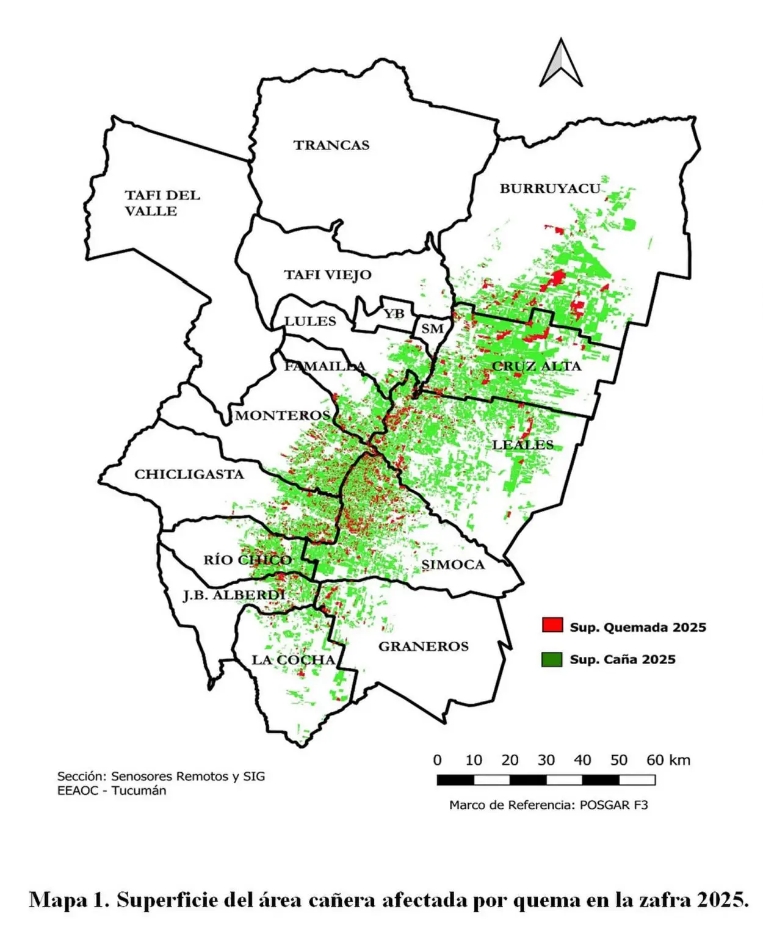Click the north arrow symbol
pyautogui.click(x=560, y=63)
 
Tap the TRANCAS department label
pyautogui.click(x=331, y=145)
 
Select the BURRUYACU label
pyautogui.click(x=550, y=189)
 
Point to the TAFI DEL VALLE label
pyautogui.click(x=162, y=203)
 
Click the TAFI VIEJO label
pyautogui.click(x=328, y=275)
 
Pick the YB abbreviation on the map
pyautogui.click(x=394, y=313)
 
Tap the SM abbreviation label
pyautogui.click(x=432, y=329)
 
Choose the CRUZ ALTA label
pyautogui.click(x=537, y=366)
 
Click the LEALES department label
pyautogui.click(x=523, y=445)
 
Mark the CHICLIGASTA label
pyautogui.click(x=189, y=474)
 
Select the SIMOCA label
pyautogui.click(x=453, y=565)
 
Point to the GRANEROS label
pyautogui.click(x=424, y=646)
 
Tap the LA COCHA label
pyautogui.click(x=294, y=660)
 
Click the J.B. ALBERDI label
pyautogui.click(x=234, y=595)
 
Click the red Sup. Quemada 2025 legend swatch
pyautogui.click(x=552, y=625)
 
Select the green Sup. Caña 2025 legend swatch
pyautogui.click(x=552, y=659)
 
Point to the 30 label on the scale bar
pyautogui.click(x=546, y=760)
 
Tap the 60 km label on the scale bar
pyautogui.click(x=668, y=760)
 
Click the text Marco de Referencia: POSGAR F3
pyautogui.click(x=548, y=805)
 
